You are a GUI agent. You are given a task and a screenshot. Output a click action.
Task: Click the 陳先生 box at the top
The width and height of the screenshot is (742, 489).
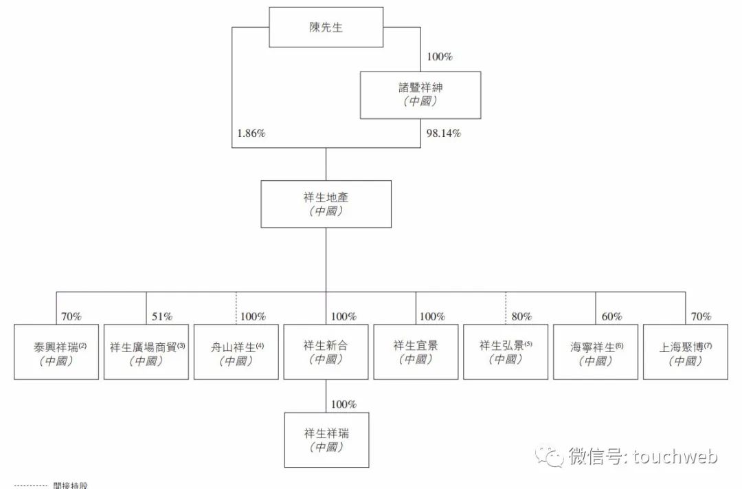click(326, 27)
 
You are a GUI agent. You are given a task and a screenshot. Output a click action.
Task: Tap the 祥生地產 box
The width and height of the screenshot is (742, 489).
click(326, 204)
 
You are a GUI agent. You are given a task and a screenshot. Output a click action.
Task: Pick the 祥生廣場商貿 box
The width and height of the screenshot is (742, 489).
click(146, 352)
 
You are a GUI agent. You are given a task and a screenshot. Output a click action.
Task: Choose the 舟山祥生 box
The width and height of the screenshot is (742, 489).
click(236, 352)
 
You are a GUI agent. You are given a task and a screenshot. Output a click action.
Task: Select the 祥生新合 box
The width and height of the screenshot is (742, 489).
click(326, 352)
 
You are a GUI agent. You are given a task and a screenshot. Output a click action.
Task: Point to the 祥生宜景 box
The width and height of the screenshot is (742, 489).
click(416, 352)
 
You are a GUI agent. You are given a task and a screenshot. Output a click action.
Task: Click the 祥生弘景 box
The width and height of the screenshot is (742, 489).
click(506, 352)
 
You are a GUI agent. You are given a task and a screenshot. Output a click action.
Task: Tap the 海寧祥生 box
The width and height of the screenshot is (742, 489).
click(595, 352)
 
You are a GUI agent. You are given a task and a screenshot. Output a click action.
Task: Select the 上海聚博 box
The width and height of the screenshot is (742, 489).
click(685, 352)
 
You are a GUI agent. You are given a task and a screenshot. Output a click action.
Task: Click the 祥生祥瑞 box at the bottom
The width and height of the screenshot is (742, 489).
click(326, 439)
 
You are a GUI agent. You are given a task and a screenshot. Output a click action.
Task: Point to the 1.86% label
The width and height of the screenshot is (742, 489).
click(251, 133)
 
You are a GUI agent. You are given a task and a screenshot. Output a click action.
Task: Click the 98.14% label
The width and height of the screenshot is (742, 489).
click(443, 133)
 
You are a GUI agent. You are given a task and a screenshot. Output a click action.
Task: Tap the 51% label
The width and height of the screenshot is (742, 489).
click(162, 316)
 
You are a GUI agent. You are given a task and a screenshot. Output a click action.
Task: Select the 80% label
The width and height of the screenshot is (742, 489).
click(521, 316)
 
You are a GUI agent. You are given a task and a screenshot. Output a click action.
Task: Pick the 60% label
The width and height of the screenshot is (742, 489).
click(611, 316)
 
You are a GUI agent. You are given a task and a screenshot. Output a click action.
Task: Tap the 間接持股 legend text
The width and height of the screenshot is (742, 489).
click(71, 485)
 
